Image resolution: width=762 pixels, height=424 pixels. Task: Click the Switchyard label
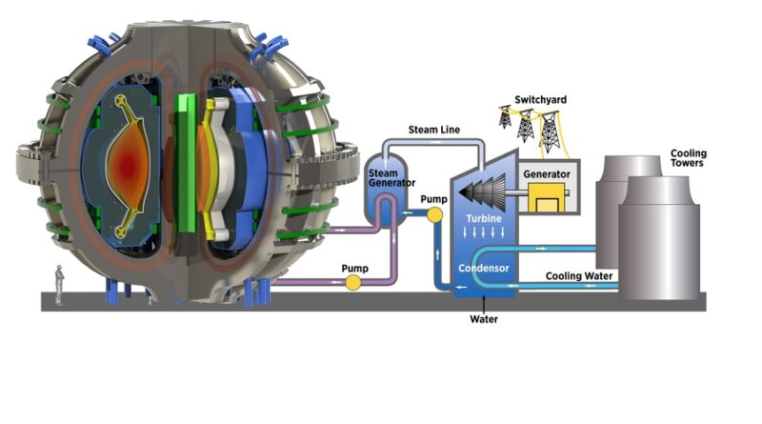pyautogui.click(x=540, y=99)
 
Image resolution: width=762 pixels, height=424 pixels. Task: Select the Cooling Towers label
pyautogui.click(x=689, y=159)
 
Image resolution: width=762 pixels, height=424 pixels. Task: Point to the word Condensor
pyautogui.click(x=484, y=269)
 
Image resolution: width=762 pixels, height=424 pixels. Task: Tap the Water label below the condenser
pyautogui.click(x=483, y=319)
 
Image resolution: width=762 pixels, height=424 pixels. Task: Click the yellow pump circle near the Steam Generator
pyautogui.click(x=435, y=214)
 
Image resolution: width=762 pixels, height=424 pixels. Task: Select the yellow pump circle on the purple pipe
pyautogui.click(x=353, y=283)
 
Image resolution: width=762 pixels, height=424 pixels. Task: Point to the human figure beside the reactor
pyautogui.click(x=59, y=285)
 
